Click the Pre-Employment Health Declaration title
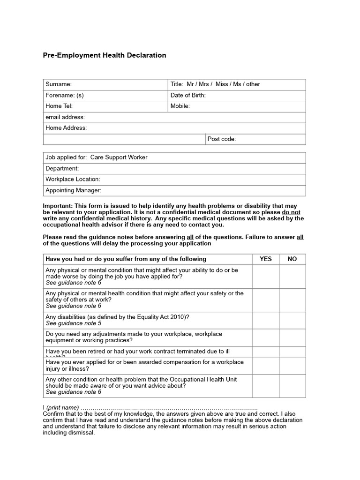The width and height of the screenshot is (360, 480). pos(105,55)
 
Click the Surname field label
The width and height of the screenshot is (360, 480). pos(59,84)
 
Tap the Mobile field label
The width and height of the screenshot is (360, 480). pos(180,106)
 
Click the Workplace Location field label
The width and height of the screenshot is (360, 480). pos(73,179)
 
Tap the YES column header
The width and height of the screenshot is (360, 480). pos(266,259)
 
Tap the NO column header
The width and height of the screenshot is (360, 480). pos(292,259)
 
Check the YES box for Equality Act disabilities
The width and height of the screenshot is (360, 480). pos(266,320)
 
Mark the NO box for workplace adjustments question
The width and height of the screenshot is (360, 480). pos(292,337)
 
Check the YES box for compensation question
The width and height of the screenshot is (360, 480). pos(266,366)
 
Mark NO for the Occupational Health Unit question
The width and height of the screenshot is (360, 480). pos(292,386)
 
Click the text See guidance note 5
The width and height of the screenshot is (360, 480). pos(73,323)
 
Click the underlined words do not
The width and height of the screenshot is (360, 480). pos(291,212)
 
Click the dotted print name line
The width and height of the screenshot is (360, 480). pos(169,408)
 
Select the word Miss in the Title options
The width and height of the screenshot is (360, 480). pos(222,84)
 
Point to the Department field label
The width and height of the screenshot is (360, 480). pos(62,168)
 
